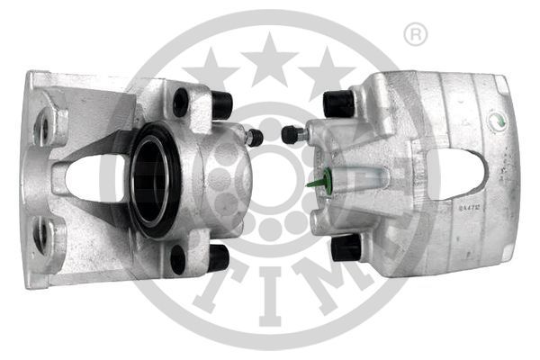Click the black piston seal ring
coord(156,179)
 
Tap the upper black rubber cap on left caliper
coord(220,104)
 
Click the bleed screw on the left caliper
coord(255,138)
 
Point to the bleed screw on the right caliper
coord(291,134)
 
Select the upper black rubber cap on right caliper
coord(338,103)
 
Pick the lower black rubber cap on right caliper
coord(346,247)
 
